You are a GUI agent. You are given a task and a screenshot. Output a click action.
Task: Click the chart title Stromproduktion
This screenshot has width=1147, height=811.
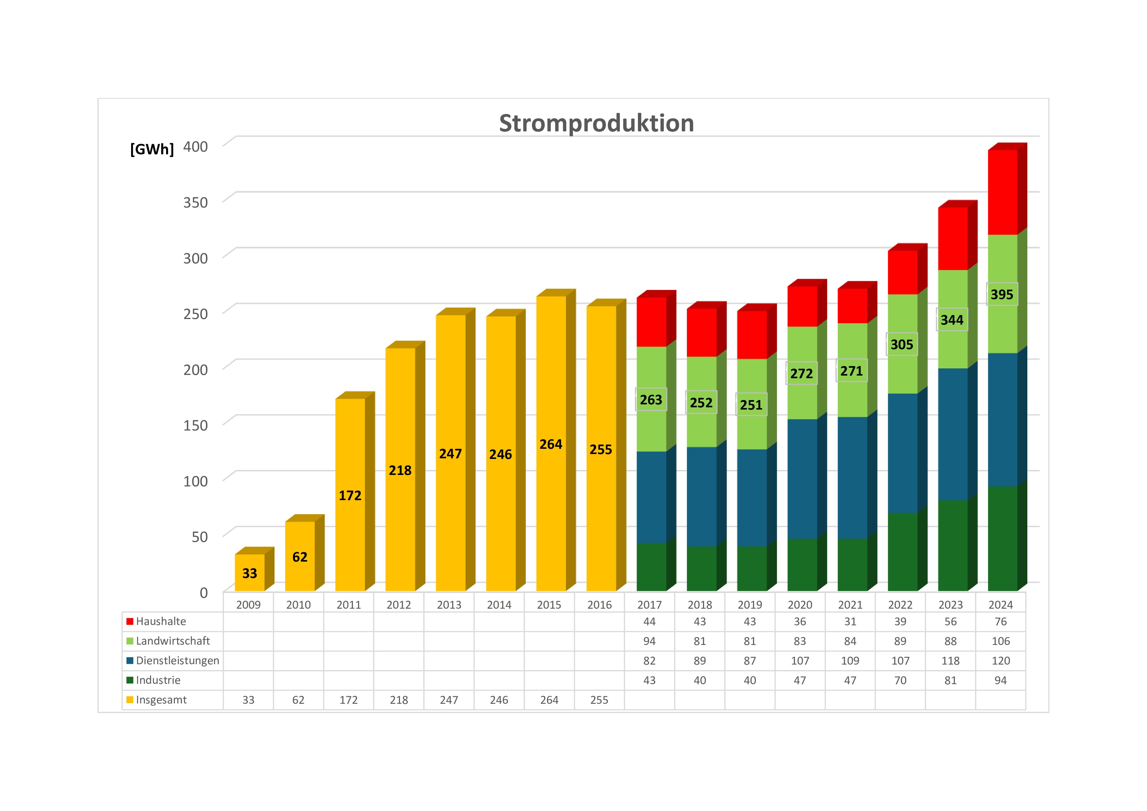tap(596, 123)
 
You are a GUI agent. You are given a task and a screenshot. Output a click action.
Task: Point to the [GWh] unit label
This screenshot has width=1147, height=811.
tap(152, 149)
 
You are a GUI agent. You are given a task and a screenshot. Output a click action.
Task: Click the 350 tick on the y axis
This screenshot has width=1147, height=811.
tap(195, 203)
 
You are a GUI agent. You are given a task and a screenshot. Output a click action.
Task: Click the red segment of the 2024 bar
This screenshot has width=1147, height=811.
tap(1002, 192)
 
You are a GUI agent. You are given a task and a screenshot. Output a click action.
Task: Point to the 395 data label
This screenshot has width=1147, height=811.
tap(1001, 295)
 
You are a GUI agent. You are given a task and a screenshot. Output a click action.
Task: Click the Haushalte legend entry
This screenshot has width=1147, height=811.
tap(160, 621)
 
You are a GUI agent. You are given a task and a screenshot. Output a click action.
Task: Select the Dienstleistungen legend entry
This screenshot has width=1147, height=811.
tap(177, 661)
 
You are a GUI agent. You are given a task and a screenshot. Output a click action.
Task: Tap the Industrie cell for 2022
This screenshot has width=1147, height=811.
tap(900, 680)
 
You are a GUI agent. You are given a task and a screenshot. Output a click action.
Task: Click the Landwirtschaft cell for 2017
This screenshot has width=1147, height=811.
tap(649, 641)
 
